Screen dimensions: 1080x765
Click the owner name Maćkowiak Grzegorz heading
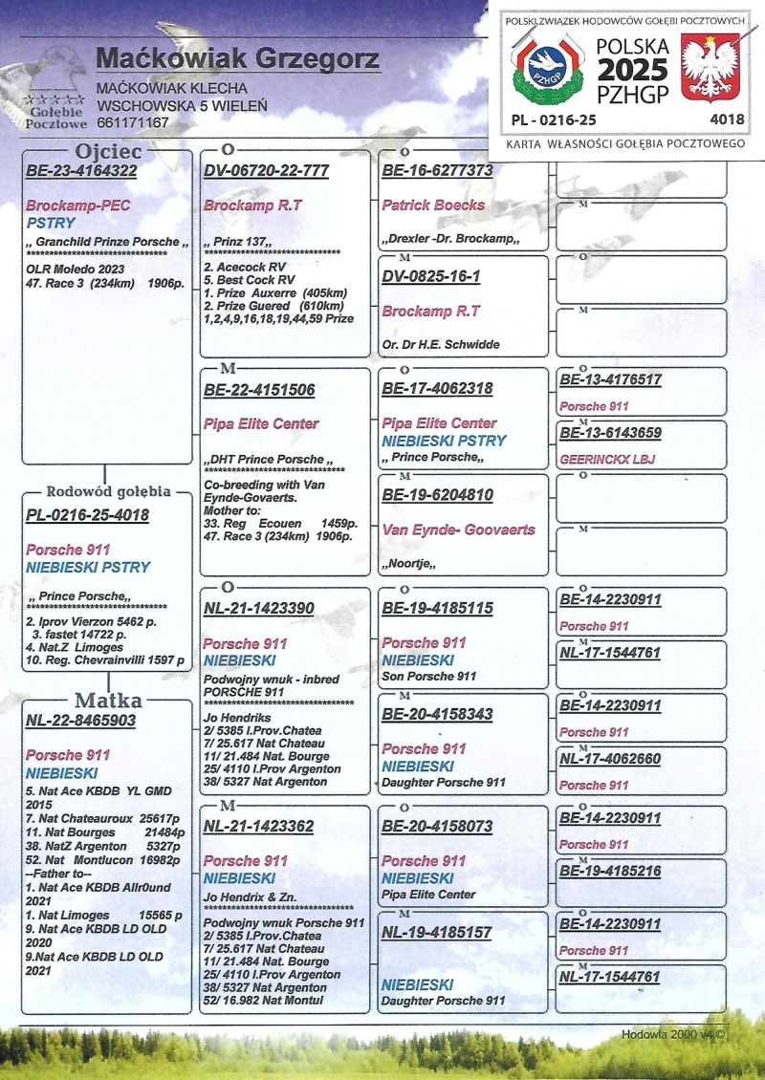click(x=237, y=60)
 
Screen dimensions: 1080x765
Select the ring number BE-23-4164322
click(x=81, y=171)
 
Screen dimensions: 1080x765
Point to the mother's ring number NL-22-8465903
click(x=81, y=721)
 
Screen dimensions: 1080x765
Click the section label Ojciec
click(x=108, y=152)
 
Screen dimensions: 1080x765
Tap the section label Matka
click(x=106, y=701)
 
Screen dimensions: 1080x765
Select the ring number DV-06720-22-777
click(x=266, y=171)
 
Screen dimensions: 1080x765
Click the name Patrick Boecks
click(x=433, y=205)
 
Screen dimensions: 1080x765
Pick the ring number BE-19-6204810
click(x=437, y=495)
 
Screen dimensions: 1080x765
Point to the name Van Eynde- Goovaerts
click(x=458, y=529)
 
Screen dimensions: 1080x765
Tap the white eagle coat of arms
click(x=710, y=67)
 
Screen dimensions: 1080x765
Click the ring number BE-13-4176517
click(x=610, y=380)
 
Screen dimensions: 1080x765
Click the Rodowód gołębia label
click(x=108, y=491)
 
